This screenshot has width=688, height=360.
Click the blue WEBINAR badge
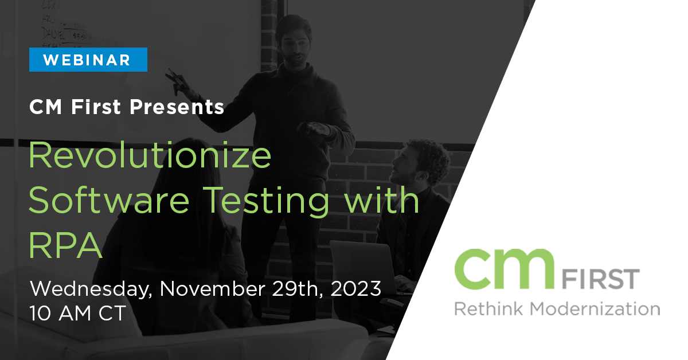pos(88,60)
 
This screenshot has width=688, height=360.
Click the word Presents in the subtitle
pos(177,107)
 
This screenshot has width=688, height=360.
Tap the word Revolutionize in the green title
pos(150,155)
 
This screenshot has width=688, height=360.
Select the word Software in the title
pos(109,199)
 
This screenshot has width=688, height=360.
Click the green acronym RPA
pos(65,245)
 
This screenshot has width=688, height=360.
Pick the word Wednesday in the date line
pos(91,289)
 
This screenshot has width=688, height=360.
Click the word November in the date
pos(213,289)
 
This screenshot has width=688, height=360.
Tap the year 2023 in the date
pos(355,289)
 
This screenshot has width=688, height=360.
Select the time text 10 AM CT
pos(78,314)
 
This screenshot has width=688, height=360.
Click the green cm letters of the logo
pos(505,269)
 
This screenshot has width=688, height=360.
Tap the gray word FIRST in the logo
pos(600,279)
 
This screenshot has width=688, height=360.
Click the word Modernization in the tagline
pos(595,309)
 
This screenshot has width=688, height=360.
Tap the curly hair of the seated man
pos(430,156)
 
